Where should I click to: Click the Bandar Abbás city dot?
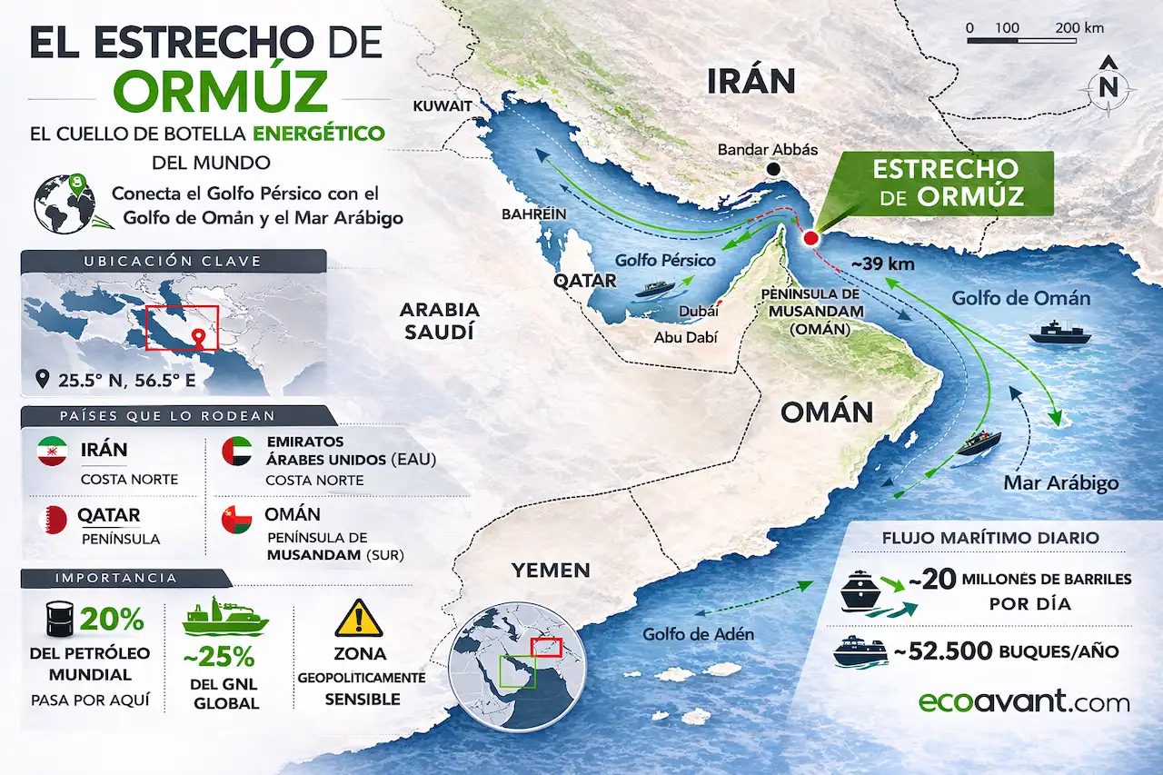[773, 169]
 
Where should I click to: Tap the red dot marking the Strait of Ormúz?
[810, 239]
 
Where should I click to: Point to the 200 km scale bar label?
[1080, 28]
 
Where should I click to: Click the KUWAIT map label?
[442, 106]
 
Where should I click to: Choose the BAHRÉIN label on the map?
[533, 214]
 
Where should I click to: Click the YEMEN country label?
[551, 571]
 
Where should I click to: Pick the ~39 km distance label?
[881, 263]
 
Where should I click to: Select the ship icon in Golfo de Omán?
[1059, 333]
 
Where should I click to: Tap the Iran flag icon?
[52, 452]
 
